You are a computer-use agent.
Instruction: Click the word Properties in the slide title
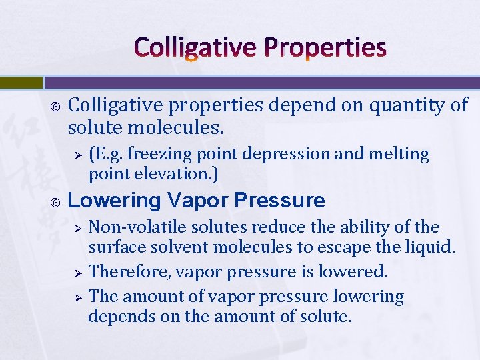click(x=331, y=48)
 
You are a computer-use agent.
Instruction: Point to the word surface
click(x=116, y=248)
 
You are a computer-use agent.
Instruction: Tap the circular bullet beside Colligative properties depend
click(x=56, y=105)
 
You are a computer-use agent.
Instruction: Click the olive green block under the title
click(x=21, y=83)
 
